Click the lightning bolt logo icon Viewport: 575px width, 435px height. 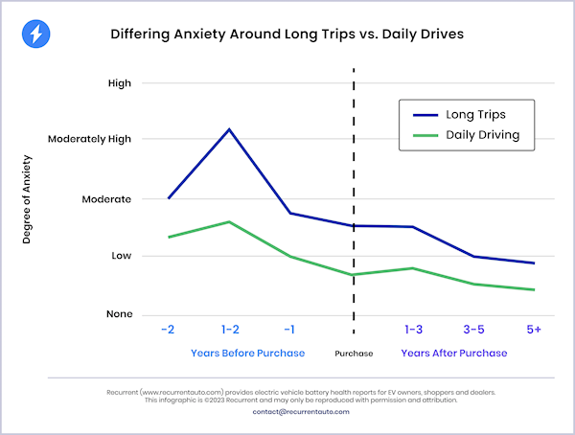[35, 35]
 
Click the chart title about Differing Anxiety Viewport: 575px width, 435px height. [287, 35]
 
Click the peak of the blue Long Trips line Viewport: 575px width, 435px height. [228, 128]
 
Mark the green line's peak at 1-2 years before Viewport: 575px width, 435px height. [228, 221]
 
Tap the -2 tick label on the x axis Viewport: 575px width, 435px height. [167, 330]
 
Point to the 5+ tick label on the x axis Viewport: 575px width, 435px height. [534, 330]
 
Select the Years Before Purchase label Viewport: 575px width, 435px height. [247, 353]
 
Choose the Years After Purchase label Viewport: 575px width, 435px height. [454, 353]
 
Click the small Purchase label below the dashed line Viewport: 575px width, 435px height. [354, 354]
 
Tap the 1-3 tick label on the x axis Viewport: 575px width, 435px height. [414, 330]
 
